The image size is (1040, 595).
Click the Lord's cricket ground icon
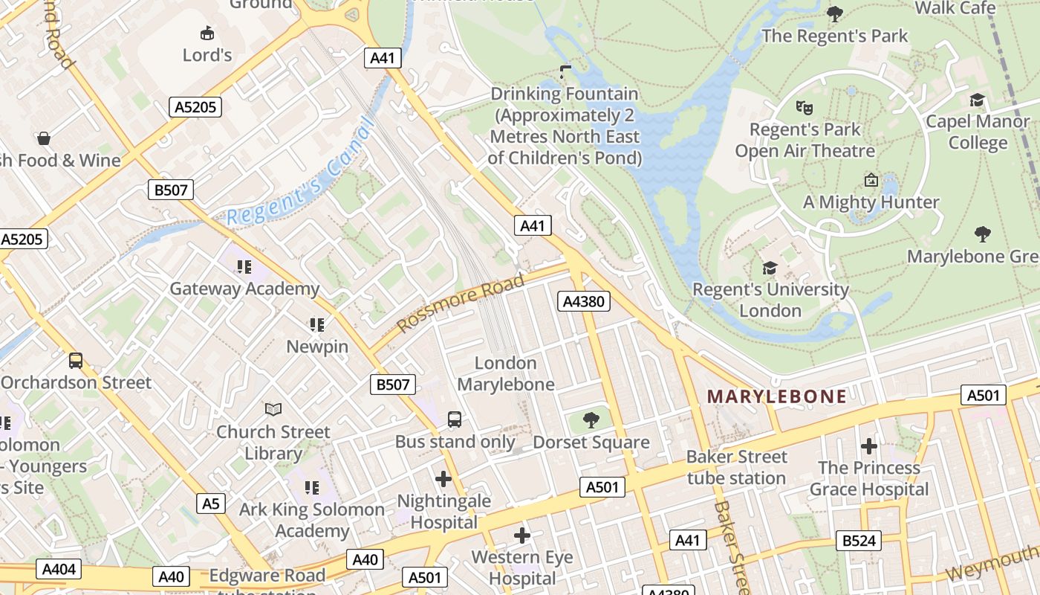(207, 33)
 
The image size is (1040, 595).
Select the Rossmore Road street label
(461, 303)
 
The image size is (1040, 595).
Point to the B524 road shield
(859, 541)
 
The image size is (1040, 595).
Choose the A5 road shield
(212, 504)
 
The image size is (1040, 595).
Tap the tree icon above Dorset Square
(591, 420)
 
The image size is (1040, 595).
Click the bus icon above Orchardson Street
(76, 361)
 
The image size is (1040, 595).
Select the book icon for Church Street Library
(273, 409)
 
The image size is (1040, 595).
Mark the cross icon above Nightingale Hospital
(443, 479)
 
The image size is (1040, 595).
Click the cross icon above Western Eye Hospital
(522, 535)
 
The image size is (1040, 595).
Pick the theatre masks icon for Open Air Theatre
(803, 107)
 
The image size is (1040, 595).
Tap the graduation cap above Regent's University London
(770, 268)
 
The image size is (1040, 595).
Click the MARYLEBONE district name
(776, 396)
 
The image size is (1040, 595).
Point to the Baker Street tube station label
(736, 467)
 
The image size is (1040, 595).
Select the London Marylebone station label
(506, 373)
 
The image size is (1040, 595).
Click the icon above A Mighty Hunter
(871, 180)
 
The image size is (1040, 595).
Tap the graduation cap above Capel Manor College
(978, 100)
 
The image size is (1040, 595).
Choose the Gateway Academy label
(244, 289)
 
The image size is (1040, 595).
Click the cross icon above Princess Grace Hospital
(868, 446)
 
